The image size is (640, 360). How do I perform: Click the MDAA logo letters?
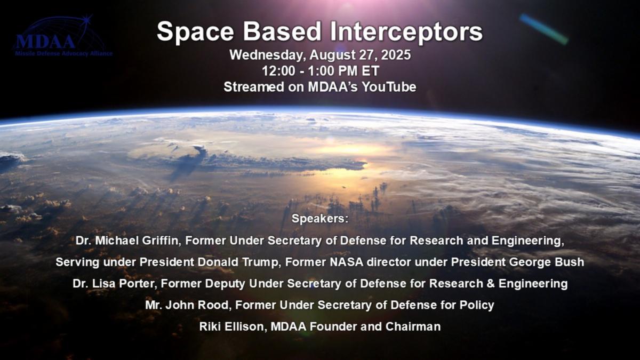point(46,42)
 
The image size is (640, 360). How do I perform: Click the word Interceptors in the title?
point(406,31)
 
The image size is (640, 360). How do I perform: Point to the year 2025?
point(396,55)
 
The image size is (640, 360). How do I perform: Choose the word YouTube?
point(389,87)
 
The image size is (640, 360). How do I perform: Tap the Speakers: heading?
point(320,219)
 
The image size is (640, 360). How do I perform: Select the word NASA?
point(347,262)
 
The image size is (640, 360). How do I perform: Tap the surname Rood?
point(214,305)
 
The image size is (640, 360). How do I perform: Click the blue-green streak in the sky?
point(543,29)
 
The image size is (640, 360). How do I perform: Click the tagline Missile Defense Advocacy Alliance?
point(63,54)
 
